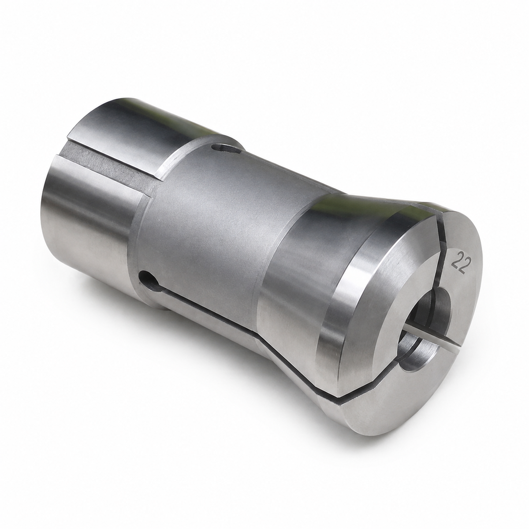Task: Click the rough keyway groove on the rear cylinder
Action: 110,168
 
